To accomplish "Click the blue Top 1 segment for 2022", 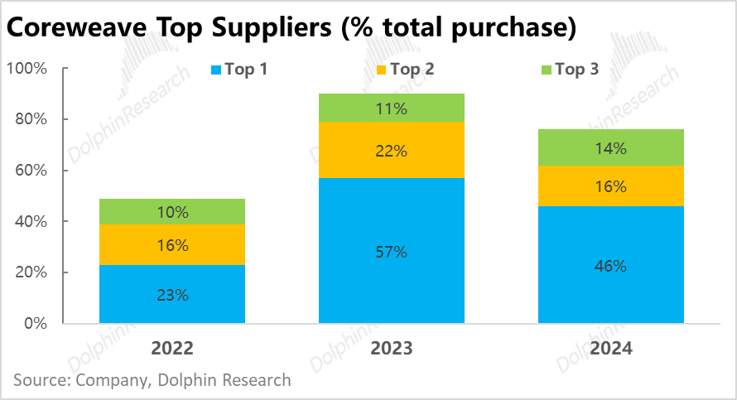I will coord(172,294).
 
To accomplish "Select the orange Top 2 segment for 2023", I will coord(392,150).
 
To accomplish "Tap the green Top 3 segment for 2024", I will coord(611,147).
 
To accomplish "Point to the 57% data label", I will coord(392,252).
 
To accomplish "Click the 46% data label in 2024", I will coord(611,266).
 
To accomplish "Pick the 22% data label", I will coord(392,150).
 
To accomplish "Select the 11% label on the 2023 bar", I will coord(392,108).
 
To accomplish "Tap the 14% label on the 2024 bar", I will coord(611,149).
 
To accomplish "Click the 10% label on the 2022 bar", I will coord(172,212).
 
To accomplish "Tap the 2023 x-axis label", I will coord(392,349).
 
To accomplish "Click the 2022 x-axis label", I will coord(172,349).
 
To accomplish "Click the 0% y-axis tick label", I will coord(36,323).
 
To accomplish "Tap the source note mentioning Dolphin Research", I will coord(152,380).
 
